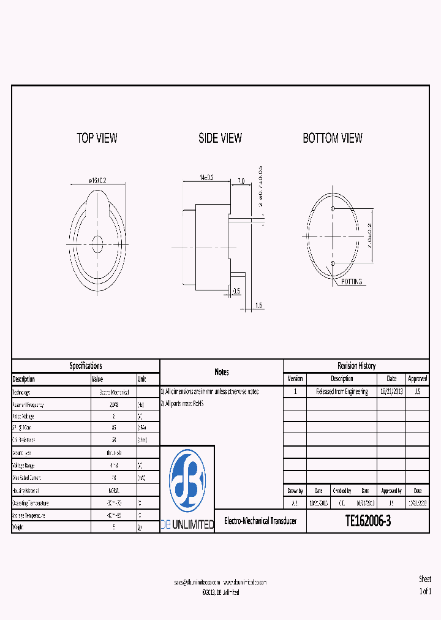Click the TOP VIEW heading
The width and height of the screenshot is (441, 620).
(x=97, y=138)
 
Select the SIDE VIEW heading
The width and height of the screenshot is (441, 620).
(x=220, y=138)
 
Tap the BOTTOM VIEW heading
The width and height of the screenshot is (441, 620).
(x=333, y=138)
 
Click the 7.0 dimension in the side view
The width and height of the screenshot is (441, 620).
(x=241, y=181)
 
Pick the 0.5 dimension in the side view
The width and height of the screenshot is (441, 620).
(x=236, y=291)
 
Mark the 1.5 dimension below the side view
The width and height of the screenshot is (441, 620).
(x=258, y=305)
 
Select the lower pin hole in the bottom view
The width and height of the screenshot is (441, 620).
(x=332, y=263)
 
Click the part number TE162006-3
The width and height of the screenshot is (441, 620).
(x=367, y=521)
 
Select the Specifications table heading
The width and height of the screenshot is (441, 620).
(x=86, y=366)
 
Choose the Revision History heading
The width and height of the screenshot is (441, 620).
(x=356, y=366)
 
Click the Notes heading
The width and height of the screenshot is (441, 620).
(x=222, y=372)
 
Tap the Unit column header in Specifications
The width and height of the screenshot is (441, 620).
(x=142, y=379)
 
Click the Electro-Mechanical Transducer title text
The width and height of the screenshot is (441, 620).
(x=260, y=521)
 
